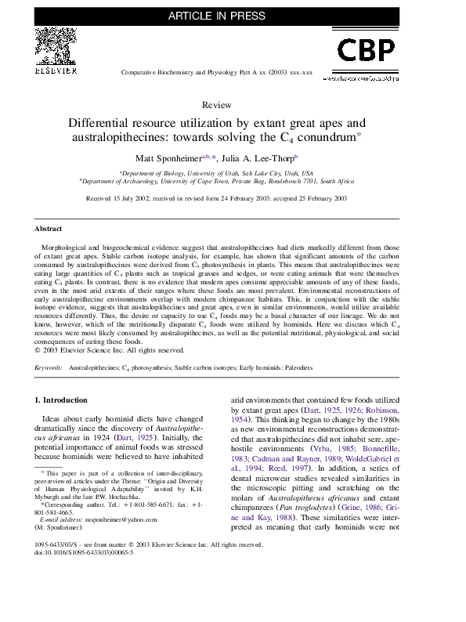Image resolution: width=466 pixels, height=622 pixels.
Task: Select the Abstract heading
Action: (48, 230)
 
